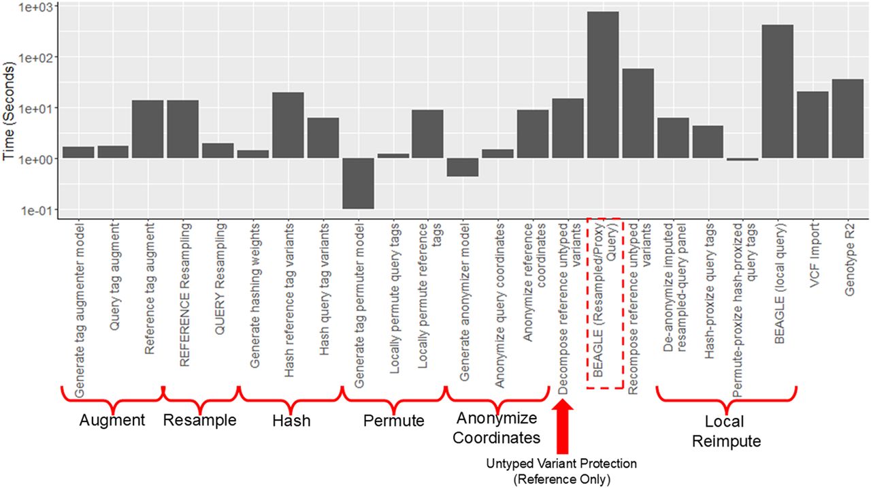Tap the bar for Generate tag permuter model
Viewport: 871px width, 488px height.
click(357, 183)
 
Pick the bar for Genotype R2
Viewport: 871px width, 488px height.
click(847, 118)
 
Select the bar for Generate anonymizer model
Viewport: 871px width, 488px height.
click(463, 167)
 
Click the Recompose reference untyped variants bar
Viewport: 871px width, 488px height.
click(638, 113)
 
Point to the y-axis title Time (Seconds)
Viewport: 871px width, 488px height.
click(10, 112)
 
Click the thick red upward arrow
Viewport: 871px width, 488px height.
click(562, 425)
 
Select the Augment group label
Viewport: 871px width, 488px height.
click(112, 420)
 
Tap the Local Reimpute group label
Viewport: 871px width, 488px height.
click(725, 431)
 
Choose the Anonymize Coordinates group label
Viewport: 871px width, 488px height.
click(496, 427)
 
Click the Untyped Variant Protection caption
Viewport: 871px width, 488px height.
click(561, 470)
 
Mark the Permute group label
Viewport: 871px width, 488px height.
click(393, 421)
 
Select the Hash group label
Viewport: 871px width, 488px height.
click(291, 421)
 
